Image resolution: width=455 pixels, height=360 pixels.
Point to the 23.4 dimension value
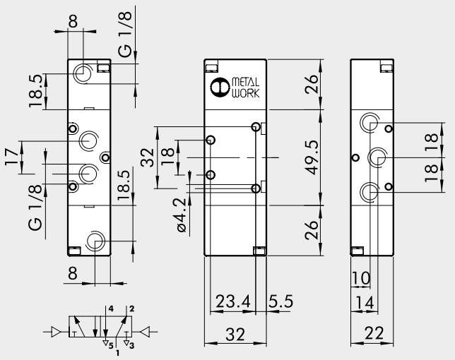[232, 301]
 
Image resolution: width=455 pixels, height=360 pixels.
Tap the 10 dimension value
[360, 278]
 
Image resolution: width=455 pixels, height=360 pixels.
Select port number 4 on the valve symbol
[111, 309]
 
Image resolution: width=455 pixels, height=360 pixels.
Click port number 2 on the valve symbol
[131, 309]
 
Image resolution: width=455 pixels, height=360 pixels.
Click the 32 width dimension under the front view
[232, 335]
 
